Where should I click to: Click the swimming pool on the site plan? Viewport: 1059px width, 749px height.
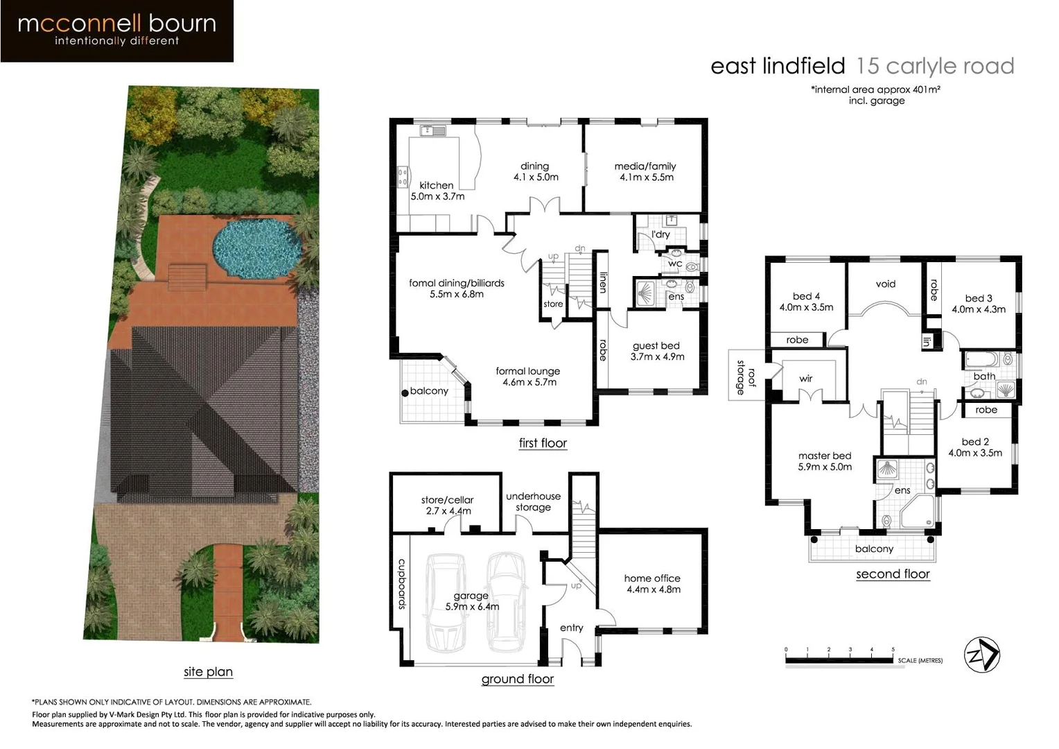[256, 248]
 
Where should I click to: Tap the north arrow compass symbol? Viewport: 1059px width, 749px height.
[982, 655]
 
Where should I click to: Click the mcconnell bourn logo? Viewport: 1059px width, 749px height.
[117, 31]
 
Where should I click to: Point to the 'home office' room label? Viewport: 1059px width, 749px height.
[652, 578]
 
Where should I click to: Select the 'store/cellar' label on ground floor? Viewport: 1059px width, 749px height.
[447, 500]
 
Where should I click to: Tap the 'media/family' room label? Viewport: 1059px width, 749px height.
[645, 166]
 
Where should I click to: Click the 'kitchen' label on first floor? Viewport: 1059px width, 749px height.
[437, 185]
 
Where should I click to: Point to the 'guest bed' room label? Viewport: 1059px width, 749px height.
[656, 346]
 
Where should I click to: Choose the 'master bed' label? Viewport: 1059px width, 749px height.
[824, 456]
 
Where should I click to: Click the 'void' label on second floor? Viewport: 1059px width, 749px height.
[885, 284]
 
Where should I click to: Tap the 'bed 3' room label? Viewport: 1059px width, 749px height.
[978, 298]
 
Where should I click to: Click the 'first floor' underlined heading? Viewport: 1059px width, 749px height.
[543, 443]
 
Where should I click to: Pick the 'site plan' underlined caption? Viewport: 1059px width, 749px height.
[208, 671]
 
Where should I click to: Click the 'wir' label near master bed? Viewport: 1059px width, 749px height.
[805, 379]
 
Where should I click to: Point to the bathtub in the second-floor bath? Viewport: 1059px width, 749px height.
[983, 359]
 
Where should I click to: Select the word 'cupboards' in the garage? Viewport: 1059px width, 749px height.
[401, 584]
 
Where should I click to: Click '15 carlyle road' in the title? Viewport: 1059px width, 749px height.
[935, 66]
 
